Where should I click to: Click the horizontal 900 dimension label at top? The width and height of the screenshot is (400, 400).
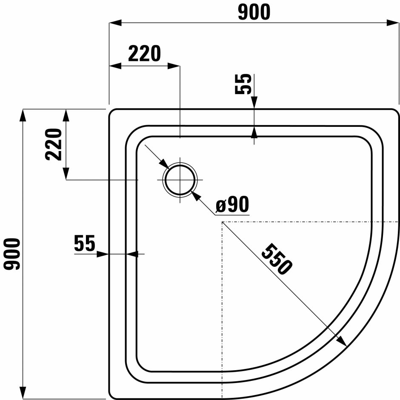pos(254,12)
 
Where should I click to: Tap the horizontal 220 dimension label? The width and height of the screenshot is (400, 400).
pos(145,54)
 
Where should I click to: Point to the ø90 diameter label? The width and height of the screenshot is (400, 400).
pos(232,206)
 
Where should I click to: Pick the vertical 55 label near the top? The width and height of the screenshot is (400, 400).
pos(243,84)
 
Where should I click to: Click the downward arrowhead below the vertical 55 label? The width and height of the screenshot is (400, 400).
pos(254,103)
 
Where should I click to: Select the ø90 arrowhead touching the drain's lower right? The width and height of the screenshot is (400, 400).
pos(194,194)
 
